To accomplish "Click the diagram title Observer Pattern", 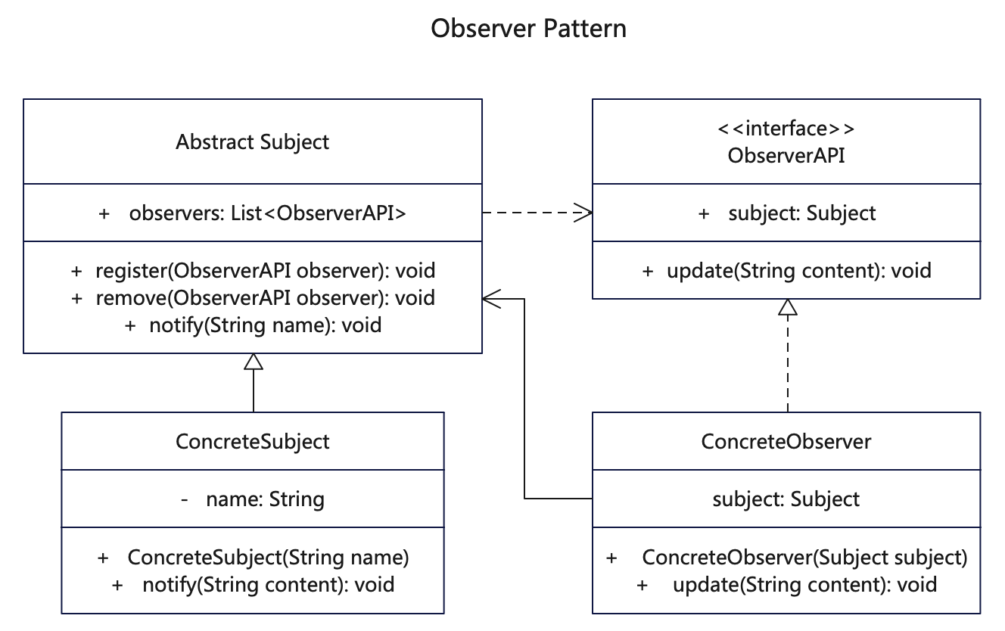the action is (x=528, y=29).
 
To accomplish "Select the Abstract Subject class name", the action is (x=253, y=142).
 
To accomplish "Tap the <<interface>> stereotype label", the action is (x=786, y=129).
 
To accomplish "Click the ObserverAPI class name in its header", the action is (x=786, y=156).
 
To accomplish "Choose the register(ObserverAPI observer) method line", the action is (x=253, y=270).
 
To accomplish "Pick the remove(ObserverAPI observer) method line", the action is (x=253, y=298).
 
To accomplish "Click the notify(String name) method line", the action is (x=253, y=325).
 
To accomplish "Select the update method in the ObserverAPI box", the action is (x=786, y=270).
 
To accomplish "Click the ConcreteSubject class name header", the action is (x=253, y=442).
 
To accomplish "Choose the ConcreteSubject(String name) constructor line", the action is (x=253, y=558).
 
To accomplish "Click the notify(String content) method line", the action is (x=253, y=585).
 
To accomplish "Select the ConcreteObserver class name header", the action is (x=786, y=442).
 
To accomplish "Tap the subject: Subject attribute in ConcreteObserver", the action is (x=786, y=499).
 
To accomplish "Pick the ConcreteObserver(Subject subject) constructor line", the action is (x=786, y=558).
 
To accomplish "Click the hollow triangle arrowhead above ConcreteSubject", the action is (x=254, y=362).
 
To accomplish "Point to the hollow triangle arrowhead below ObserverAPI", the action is (x=788, y=307).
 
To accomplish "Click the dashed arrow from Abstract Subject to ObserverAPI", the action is (x=537, y=213).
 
